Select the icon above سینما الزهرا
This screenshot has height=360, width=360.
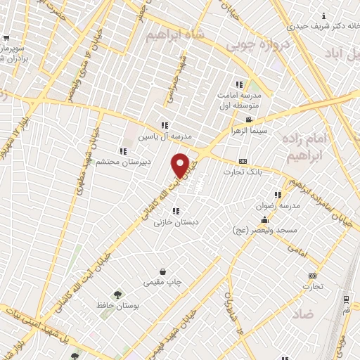point(248,120)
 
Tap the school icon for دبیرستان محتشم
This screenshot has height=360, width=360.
point(123,150)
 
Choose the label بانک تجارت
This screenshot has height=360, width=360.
point(244,171)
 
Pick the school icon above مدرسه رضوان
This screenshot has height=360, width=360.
point(278,195)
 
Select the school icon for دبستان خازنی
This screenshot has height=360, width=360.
point(176,210)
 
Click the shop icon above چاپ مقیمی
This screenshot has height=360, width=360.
point(163,271)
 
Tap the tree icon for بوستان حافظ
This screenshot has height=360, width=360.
point(117,295)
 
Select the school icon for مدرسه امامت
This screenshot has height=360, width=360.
point(238,84)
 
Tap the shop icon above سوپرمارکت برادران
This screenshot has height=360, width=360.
point(6,39)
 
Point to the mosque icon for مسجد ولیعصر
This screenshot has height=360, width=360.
point(264,220)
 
